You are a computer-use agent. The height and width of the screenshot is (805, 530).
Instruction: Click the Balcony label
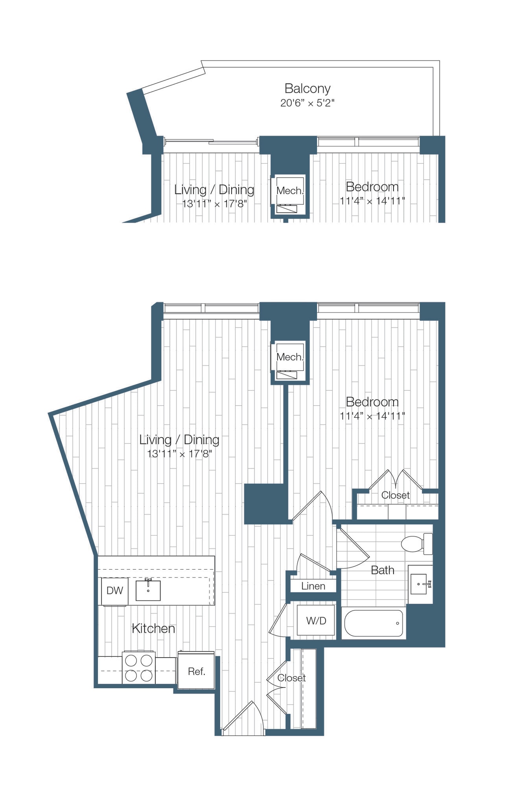[307, 88]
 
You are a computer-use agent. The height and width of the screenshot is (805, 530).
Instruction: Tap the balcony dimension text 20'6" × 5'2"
[307, 103]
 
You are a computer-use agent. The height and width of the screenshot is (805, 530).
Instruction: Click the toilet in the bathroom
[416, 544]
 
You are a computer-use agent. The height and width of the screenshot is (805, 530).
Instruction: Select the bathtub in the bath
[373, 623]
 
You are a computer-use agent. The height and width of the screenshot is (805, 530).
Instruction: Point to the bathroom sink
[420, 584]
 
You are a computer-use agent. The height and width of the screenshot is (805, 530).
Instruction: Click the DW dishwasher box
[114, 590]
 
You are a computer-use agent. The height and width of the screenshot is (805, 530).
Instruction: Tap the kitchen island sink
[148, 590]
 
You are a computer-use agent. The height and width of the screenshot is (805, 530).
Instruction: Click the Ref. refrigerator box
[196, 671]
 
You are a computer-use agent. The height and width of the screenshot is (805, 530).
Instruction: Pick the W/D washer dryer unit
[316, 621]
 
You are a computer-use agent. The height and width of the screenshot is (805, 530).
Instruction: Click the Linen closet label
[313, 586]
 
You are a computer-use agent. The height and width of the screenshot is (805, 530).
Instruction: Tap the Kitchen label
[153, 629]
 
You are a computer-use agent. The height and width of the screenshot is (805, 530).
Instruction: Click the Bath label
[382, 570]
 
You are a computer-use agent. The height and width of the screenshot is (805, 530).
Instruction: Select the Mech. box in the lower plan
[290, 357]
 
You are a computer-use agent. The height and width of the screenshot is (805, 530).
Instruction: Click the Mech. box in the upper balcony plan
[290, 191]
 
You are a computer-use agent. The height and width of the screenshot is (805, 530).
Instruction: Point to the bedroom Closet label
[395, 495]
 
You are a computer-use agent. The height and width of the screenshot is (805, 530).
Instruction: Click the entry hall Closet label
[291, 678]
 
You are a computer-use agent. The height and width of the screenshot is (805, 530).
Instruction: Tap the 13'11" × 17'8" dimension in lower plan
[179, 454]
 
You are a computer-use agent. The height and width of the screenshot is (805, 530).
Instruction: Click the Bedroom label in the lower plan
[372, 402]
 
